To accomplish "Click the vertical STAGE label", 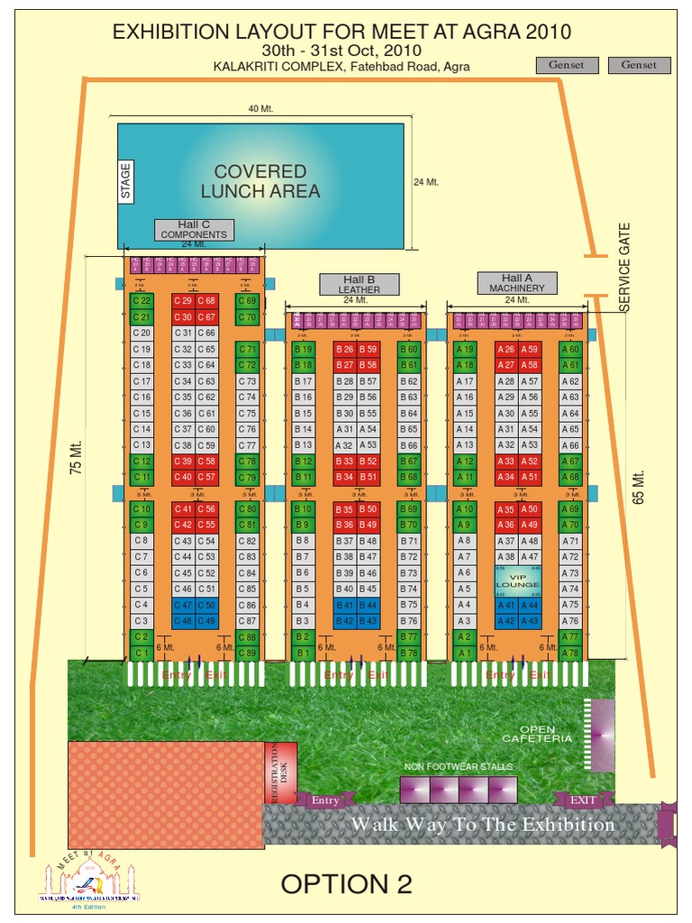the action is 126,180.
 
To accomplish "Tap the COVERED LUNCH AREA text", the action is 259,181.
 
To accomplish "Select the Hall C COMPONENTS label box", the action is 194,230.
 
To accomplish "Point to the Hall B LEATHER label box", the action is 359,284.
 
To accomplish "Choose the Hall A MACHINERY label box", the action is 517,283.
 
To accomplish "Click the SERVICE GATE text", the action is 625,268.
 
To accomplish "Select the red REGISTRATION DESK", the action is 281,773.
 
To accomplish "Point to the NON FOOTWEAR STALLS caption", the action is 458,767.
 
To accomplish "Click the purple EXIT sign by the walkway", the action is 583,800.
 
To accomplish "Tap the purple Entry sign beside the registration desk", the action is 325,800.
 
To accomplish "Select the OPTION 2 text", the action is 346,884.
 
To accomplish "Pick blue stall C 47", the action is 183,605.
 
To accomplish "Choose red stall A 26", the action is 506,349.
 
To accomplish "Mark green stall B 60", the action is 408,349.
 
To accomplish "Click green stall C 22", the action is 141,300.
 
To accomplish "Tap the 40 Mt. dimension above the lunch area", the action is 260,109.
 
